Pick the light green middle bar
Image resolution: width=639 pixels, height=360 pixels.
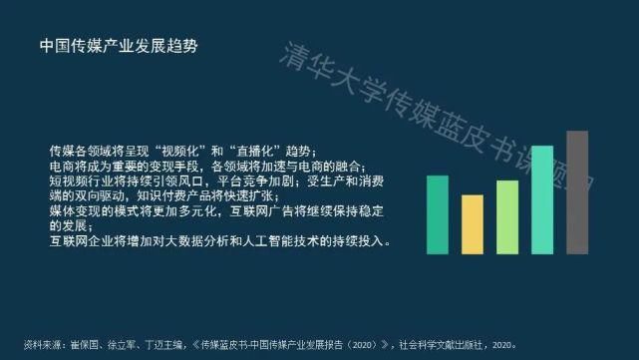507,216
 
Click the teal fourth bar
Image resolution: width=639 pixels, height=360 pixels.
541,199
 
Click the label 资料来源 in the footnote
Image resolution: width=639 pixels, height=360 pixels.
47,346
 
